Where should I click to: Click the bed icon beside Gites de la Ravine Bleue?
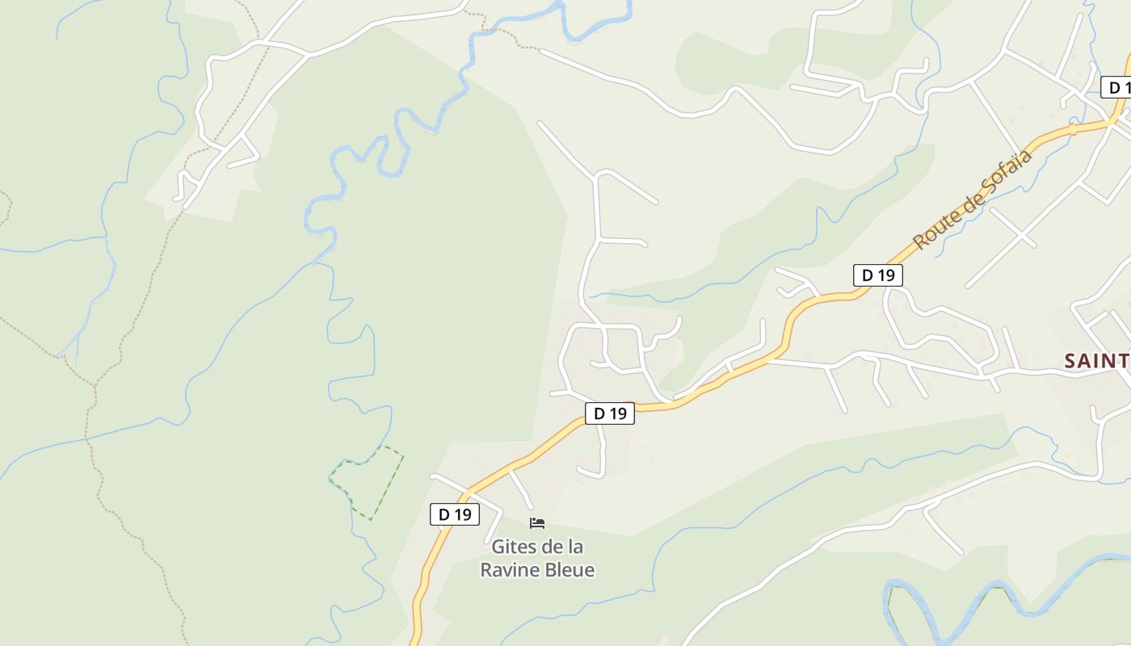(x=537, y=523)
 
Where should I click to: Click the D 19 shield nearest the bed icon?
(x=455, y=514)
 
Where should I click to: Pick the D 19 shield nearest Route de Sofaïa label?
(x=878, y=275)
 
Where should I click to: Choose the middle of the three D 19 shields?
(x=610, y=413)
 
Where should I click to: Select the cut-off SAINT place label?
(x=1096, y=361)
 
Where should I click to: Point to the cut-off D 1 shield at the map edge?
(x=1116, y=87)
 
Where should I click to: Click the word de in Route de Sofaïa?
(x=966, y=204)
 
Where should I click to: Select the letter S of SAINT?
(x=1070, y=361)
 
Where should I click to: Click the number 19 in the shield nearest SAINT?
(x=885, y=275)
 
